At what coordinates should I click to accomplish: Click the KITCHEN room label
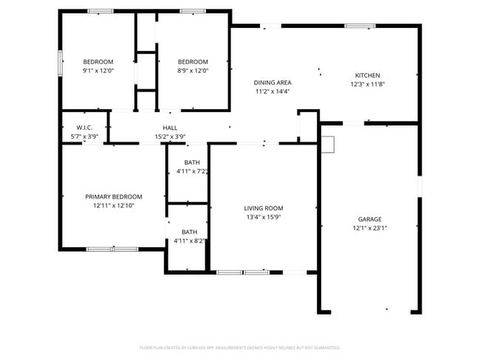click(x=367, y=75)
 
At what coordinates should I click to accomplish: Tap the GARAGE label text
click(x=369, y=219)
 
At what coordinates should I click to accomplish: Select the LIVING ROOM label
click(x=264, y=208)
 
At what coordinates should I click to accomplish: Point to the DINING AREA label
click(x=272, y=83)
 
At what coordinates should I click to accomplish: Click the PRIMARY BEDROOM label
click(x=113, y=197)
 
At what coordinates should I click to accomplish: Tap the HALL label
click(x=170, y=128)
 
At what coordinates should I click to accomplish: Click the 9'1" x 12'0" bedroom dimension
click(x=97, y=71)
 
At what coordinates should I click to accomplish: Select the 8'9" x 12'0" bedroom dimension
click(x=193, y=71)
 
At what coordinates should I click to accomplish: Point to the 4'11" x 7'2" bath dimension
click(x=191, y=171)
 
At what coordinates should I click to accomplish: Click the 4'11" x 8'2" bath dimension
click(x=189, y=240)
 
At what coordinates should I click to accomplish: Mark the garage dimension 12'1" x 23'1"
click(x=369, y=229)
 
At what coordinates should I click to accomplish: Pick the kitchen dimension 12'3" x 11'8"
click(x=367, y=84)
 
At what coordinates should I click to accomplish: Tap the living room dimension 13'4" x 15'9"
click(x=264, y=217)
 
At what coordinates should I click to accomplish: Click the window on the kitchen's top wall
click(x=360, y=27)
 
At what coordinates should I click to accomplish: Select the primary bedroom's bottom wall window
click(x=112, y=249)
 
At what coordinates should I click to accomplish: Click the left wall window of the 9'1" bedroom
click(x=61, y=63)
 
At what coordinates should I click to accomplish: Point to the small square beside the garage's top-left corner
click(x=327, y=145)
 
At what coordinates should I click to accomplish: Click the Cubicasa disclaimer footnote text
click(x=240, y=347)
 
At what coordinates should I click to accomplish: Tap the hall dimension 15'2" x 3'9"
click(x=170, y=136)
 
